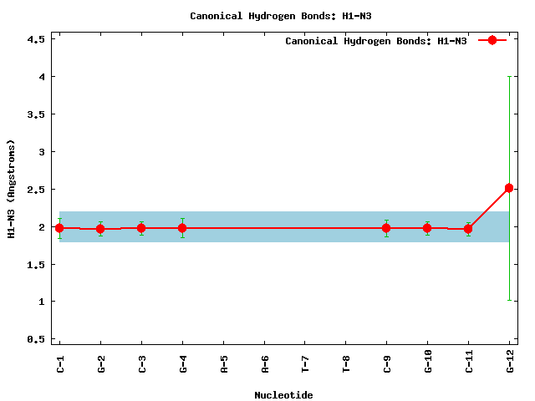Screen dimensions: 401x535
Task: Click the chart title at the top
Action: (x=267, y=16)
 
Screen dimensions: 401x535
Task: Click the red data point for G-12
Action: (x=509, y=188)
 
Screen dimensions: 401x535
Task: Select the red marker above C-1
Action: (x=59, y=227)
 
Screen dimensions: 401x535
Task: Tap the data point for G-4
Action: (x=182, y=227)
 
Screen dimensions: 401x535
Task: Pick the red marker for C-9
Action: (x=386, y=227)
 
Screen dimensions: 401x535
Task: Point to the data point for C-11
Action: (x=468, y=228)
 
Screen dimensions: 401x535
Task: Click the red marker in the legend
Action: (x=492, y=40)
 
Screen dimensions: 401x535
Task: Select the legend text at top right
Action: (x=376, y=41)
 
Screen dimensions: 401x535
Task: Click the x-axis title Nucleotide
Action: (x=284, y=395)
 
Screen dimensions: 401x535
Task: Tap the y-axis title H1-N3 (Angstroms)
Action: (x=12, y=189)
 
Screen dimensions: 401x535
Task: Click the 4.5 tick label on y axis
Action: (x=35, y=39)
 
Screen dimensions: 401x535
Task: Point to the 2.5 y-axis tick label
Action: (x=35, y=190)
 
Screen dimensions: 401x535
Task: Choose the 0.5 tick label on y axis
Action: (x=35, y=339)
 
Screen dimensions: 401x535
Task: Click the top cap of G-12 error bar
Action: (x=509, y=77)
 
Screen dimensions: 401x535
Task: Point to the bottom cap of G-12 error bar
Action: (x=509, y=300)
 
